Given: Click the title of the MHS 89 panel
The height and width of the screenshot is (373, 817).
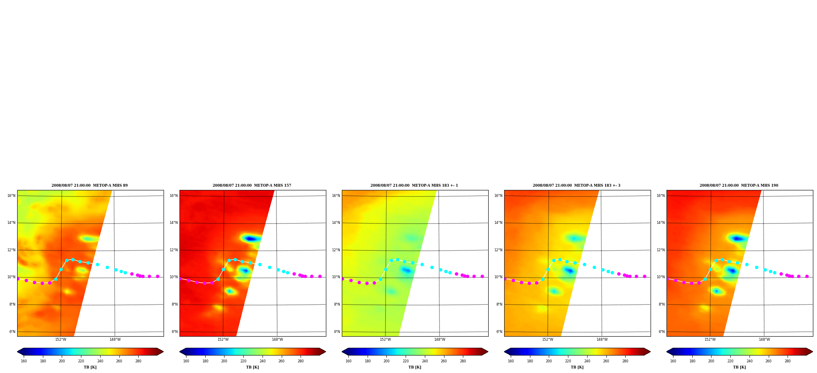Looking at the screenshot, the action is (x=90, y=185).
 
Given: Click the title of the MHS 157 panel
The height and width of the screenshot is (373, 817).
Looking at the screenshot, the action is (x=252, y=185).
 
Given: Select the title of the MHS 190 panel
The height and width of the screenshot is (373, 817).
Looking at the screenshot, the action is (x=739, y=185).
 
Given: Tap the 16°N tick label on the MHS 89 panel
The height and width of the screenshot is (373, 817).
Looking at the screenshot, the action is (x=11, y=196).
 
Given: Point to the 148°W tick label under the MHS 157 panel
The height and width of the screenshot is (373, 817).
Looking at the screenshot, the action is (x=277, y=339).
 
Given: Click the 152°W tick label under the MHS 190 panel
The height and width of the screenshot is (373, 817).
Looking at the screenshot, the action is (x=710, y=339).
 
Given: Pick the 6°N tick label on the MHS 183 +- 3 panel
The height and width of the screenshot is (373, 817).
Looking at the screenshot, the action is (x=499, y=332).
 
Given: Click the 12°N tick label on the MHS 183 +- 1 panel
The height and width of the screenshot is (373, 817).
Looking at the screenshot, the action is (x=336, y=250).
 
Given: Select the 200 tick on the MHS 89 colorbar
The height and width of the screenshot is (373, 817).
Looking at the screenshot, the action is (x=62, y=361).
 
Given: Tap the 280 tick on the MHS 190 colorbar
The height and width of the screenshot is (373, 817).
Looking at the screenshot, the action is (x=788, y=361).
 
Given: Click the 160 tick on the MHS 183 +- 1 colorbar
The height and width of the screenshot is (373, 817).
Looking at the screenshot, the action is (x=348, y=361).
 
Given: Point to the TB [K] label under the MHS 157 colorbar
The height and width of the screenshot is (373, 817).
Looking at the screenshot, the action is (x=252, y=367).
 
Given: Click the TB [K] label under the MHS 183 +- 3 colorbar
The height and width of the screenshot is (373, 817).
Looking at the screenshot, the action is (x=577, y=367).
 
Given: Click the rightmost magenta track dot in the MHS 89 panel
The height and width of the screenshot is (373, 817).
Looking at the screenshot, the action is (x=157, y=277).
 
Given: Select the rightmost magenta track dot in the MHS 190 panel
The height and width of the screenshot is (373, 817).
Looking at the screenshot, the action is (x=807, y=277).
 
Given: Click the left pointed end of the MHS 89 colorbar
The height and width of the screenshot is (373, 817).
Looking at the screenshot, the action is (x=18, y=352).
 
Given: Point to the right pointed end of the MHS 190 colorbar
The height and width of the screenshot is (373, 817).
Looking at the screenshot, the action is (x=812, y=352).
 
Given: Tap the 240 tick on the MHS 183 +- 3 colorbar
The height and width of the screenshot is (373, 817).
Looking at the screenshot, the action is (x=587, y=361).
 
